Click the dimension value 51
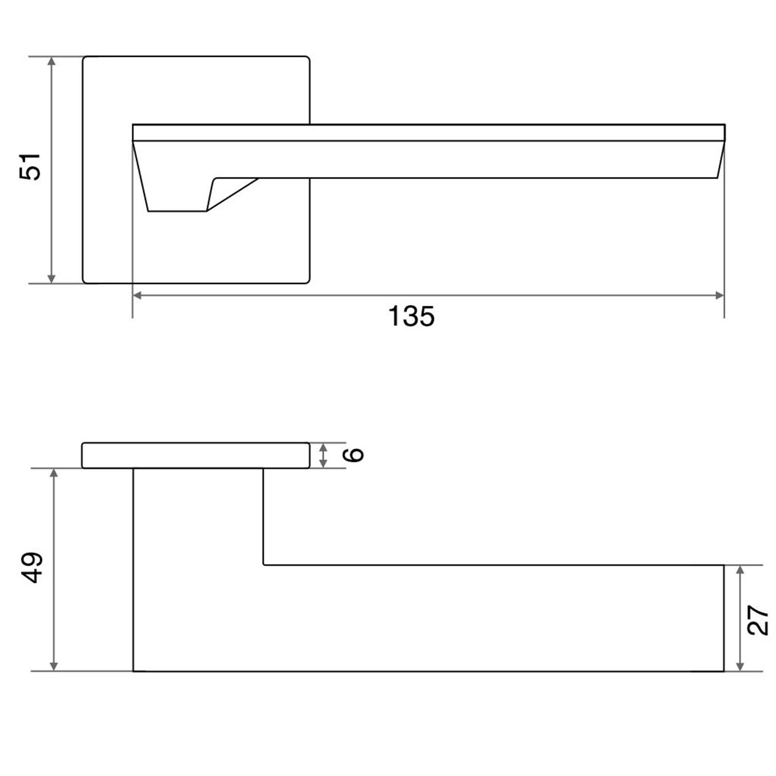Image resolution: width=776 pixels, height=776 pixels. [x=30, y=166]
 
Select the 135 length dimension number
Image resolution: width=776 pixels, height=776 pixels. [x=411, y=317]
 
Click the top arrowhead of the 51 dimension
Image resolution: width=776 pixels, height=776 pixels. [x=51, y=62]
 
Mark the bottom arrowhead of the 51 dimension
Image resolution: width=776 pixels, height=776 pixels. [x=51, y=278]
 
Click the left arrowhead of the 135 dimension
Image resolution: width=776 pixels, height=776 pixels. [x=138, y=295]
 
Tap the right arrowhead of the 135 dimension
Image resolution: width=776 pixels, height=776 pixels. [x=719, y=295]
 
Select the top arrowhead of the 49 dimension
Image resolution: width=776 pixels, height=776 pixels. [x=54, y=474]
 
